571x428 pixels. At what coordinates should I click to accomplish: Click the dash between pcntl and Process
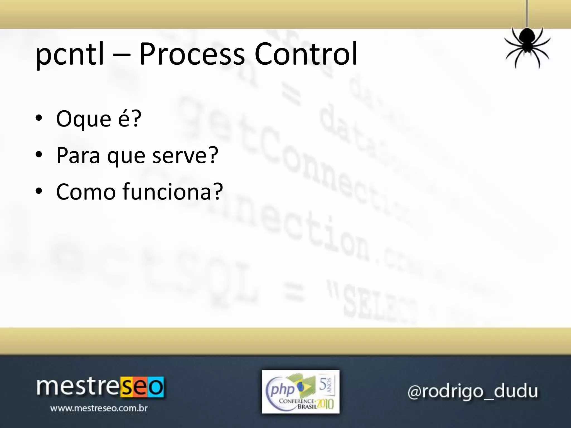click(x=122, y=56)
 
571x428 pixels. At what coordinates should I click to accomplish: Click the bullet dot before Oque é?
click(x=39, y=118)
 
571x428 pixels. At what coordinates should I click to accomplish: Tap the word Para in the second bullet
click(x=78, y=155)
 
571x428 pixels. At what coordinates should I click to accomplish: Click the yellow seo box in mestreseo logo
click(x=142, y=387)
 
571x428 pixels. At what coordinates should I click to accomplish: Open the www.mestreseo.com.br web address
click(x=99, y=408)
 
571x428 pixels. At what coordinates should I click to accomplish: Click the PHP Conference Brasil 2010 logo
click(x=301, y=391)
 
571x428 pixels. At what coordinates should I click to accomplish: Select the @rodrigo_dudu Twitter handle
click(x=472, y=391)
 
